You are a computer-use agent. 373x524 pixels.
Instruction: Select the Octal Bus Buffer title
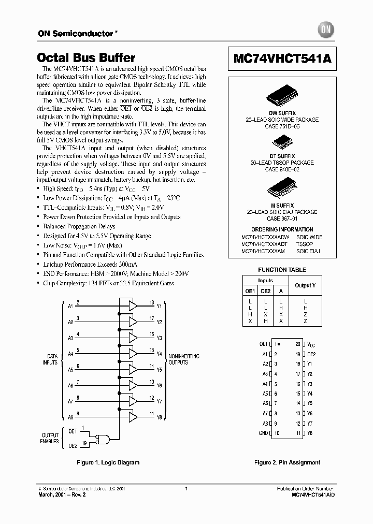point(87,58)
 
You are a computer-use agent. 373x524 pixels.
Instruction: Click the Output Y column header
point(305,285)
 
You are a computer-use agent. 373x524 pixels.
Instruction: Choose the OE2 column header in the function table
point(265,291)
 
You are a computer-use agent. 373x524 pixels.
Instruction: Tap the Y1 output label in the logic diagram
point(159,306)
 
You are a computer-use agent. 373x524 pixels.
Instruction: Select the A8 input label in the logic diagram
point(70,417)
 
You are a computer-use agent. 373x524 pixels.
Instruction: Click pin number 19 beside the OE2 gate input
point(84,443)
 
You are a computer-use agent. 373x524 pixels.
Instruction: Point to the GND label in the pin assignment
point(263,433)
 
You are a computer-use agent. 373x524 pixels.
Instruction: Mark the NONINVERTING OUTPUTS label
point(183,359)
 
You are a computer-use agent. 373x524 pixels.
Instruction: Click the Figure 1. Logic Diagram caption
point(108,462)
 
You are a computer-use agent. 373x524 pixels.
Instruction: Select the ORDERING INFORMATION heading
point(282,229)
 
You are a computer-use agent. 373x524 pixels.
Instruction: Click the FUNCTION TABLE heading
point(282,270)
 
